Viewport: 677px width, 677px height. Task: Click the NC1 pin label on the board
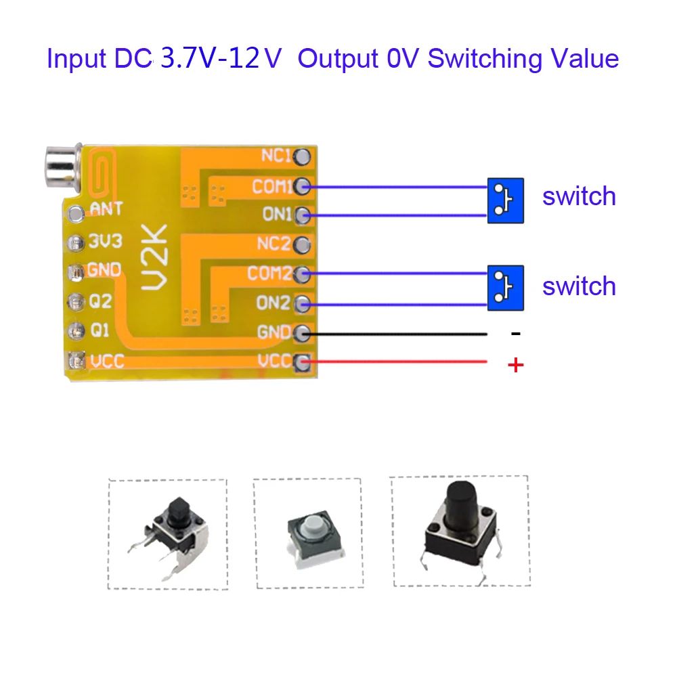point(275,156)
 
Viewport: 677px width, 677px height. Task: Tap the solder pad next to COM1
point(303,185)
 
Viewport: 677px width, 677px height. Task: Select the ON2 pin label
point(272,303)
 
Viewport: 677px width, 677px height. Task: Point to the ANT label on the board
point(106,209)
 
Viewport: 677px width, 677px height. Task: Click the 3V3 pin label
point(105,241)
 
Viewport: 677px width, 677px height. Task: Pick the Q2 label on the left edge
point(100,301)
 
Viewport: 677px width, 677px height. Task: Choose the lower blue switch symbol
point(505,288)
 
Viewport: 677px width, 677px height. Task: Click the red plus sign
point(516,366)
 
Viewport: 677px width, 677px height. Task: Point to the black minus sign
point(516,334)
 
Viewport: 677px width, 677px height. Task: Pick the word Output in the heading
point(337,59)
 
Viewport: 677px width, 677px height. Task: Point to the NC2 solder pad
point(303,244)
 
